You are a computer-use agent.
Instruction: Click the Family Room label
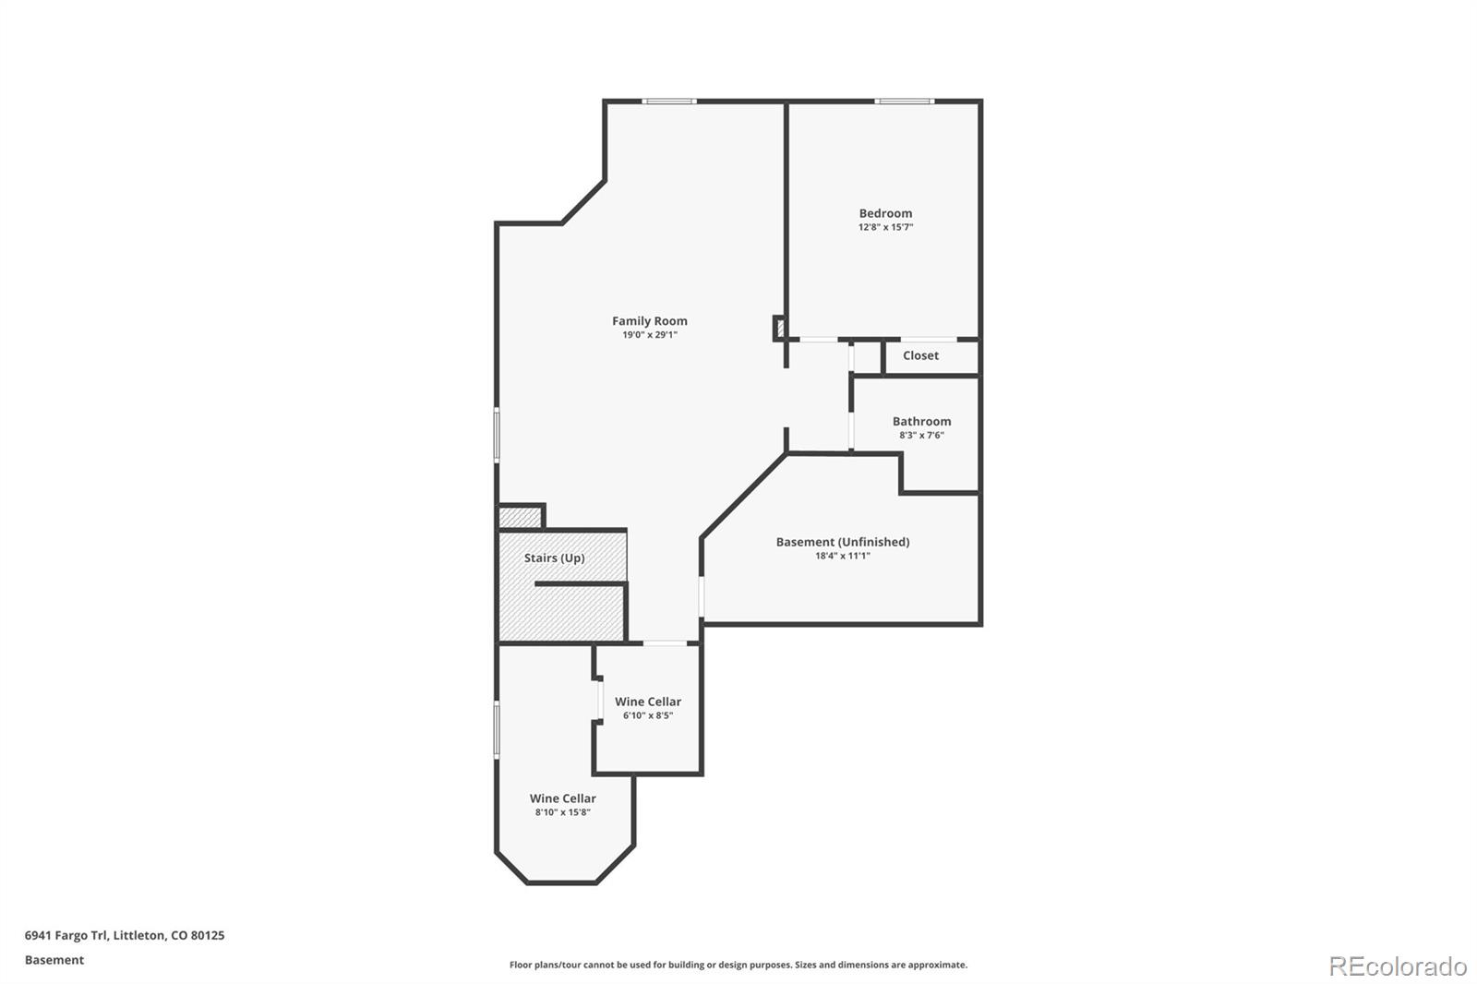(649, 321)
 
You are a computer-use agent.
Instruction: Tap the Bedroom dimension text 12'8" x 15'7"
(885, 227)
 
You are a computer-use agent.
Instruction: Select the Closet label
(920, 355)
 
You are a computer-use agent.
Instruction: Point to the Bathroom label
(921, 421)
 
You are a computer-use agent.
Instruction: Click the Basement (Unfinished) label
(842, 542)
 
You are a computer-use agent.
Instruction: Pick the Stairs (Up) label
(554, 558)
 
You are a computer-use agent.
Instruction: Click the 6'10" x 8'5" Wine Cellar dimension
(647, 715)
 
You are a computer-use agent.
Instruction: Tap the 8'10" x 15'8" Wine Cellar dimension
(562, 812)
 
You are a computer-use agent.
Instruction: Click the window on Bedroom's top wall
(905, 101)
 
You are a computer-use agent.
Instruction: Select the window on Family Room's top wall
(669, 101)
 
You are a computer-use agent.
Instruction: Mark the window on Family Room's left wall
(497, 435)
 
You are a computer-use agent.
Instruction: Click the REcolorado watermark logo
(1397, 966)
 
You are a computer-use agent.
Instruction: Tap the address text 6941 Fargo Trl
(66, 935)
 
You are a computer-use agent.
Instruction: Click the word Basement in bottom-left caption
(54, 960)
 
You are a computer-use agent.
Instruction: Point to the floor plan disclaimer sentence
(738, 965)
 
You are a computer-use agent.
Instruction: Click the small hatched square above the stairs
(519, 517)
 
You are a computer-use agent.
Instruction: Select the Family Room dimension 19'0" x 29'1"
(649, 335)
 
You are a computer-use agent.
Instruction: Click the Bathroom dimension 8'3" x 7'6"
(921, 436)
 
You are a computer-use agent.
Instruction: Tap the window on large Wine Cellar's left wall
(497, 729)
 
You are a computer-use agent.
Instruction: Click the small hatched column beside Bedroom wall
(779, 328)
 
